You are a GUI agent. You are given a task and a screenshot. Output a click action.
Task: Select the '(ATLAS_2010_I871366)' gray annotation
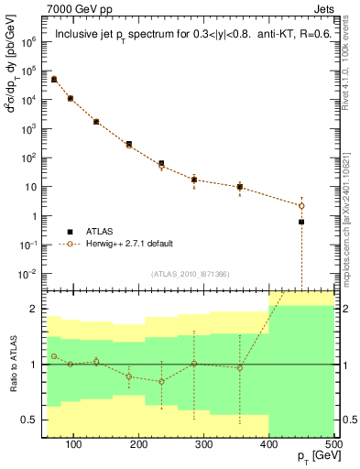click(x=191, y=275)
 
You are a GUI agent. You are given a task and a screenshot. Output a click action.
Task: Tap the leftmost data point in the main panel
click(x=54, y=80)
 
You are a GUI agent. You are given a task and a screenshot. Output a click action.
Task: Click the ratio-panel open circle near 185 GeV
click(x=129, y=376)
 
